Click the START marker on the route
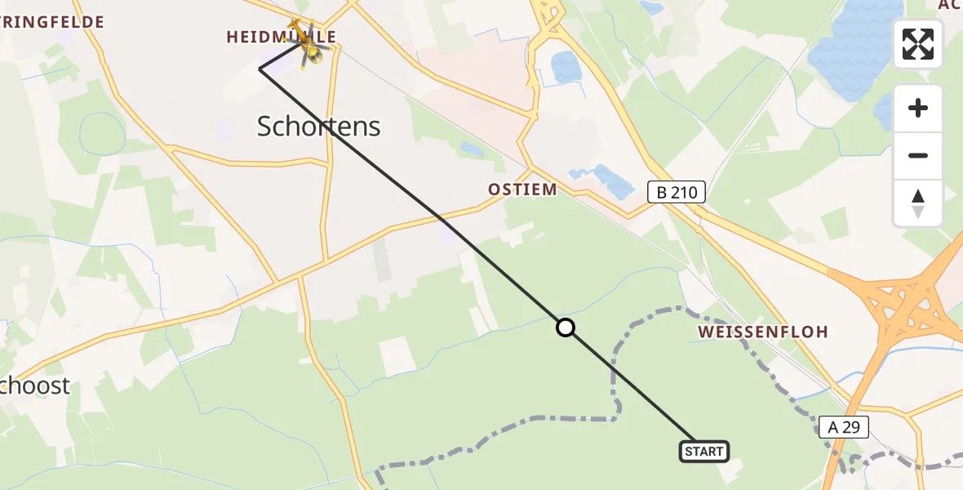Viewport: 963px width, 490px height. [x=703, y=451]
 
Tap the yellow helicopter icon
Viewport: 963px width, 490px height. [x=309, y=42]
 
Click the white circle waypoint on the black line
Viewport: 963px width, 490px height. [x=565, y=328]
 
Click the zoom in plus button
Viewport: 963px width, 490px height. [x=918, y=108]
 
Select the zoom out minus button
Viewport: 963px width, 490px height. [x=918, y=155]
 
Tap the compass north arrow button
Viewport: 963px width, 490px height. [x=918, y=203]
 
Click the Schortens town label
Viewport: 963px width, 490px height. [x=319, y=126]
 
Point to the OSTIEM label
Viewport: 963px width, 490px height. [x=522, y=189]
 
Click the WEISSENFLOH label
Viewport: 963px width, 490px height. [x=763, y=332]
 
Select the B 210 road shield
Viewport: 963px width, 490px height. [x=676, y=193]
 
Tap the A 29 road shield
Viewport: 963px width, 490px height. [x=844, y=426]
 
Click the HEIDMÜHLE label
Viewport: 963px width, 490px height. [x=282, y=37]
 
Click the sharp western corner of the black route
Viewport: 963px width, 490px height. [x=260, y=69]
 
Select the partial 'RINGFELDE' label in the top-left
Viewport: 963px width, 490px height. [x=52, y=22]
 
